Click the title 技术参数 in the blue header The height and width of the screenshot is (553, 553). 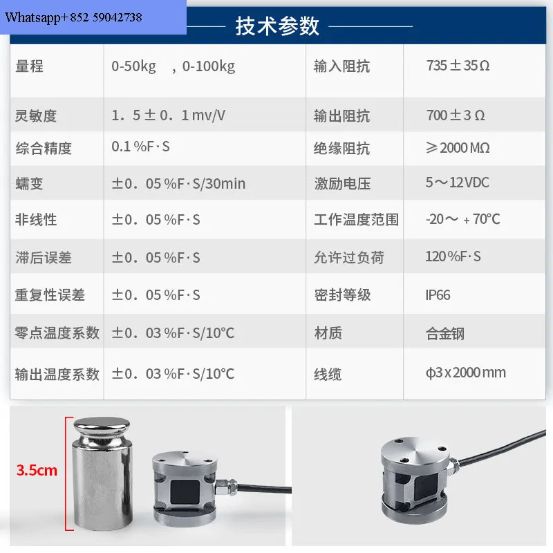pos(277,26)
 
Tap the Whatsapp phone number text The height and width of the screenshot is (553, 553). pos(73,17)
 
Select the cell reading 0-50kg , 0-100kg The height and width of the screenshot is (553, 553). pos(174,66)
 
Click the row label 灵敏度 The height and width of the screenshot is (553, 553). pos(36,115)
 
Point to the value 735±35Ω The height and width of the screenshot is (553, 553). pos(458,66)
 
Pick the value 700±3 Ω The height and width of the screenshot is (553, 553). pos(456,115)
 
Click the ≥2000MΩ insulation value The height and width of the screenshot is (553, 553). pos(458,148)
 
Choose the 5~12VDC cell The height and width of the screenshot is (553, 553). pos(458,182)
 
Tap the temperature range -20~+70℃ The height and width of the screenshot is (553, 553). pos(462,219)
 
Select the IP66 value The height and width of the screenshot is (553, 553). pos(438,295)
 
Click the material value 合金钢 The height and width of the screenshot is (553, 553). pos(445,333)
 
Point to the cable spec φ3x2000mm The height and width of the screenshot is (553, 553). pos(466,373)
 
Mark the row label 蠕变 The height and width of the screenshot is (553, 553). pos(29,184)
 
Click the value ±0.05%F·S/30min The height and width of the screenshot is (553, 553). pos(178,184)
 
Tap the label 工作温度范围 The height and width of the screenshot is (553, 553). pos(356,219)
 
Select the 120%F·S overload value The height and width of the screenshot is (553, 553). pos(453,256)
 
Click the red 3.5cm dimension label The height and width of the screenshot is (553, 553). pos(37,470)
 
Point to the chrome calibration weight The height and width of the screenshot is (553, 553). pos(102,474)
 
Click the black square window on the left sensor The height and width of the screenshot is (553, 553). pos(185,491)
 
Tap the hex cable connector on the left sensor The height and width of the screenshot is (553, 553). pos(226,487)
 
